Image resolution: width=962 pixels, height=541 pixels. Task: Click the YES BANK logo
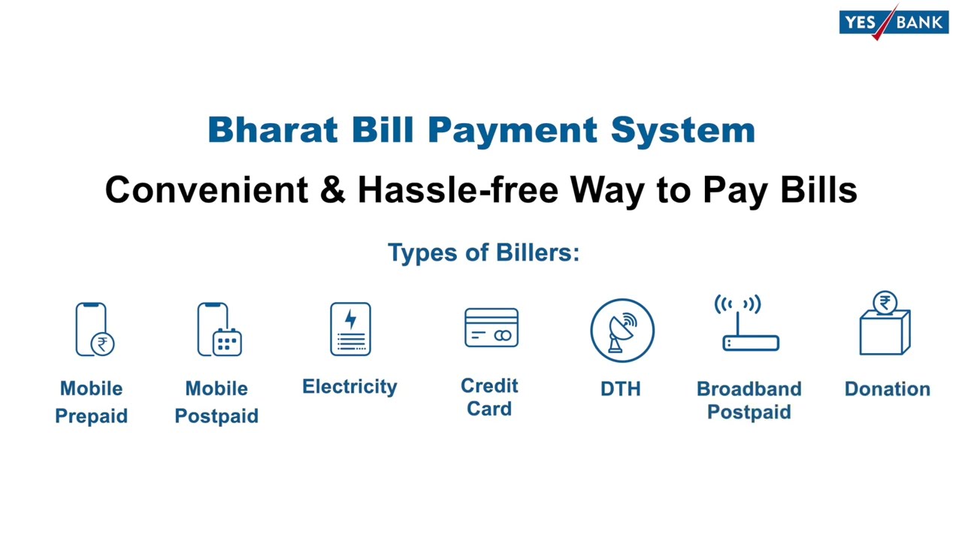coord(893,22)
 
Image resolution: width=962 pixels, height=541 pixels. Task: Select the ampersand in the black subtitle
coord(331,189)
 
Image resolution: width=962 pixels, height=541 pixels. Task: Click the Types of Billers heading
coord(483,252)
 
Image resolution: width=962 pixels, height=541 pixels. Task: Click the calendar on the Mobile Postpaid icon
coord(226,342)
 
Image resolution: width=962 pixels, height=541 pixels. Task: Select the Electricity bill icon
coord(349,329)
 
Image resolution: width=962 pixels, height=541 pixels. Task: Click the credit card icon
coord(491,328)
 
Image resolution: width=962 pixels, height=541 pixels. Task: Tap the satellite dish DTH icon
coord(622,331)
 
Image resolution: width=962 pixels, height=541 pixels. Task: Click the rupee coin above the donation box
coord(885,303)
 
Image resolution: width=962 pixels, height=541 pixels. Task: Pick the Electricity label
coord(349,386)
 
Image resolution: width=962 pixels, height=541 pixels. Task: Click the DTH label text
coord(620,388)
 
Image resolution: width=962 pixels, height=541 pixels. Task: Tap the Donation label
coord(887,388)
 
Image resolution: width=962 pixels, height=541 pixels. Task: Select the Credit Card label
coord(489,397)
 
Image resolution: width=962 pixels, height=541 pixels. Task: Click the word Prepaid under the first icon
coord(91,416)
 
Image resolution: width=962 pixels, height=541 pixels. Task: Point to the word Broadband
coord(749,388)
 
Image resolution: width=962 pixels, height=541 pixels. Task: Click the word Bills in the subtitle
coord(818,189)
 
